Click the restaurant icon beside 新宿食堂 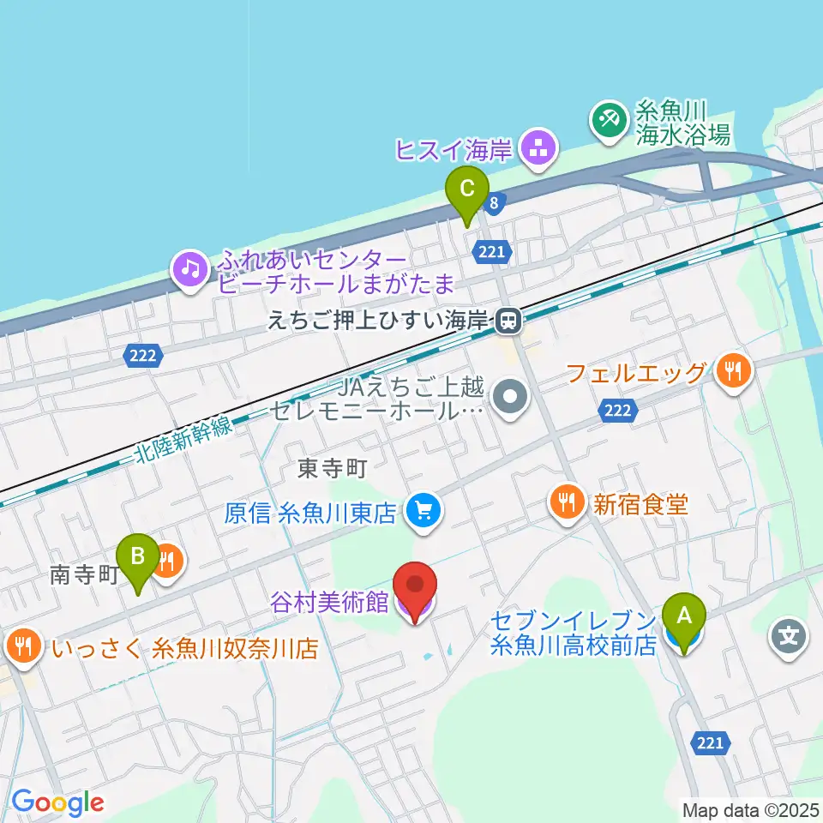tap(566, 502)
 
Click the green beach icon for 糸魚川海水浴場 tap(610, 121)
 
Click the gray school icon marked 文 tap(790, 636)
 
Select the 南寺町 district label tap(82, 575)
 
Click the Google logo tap(57, 803)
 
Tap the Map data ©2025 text tap(751, 808)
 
